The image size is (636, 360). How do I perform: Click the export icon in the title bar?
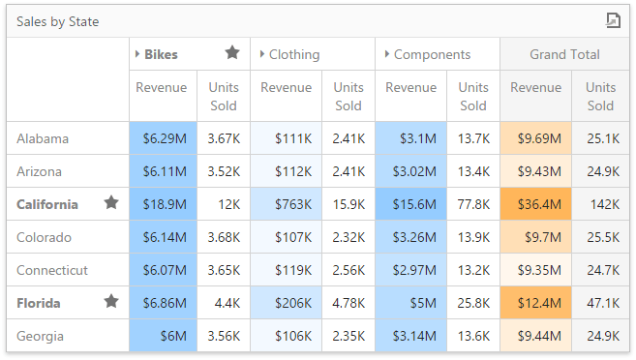tap(612, 20)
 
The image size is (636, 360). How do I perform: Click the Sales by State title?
tap(57, 21)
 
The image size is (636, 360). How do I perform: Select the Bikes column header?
tap(161, 54)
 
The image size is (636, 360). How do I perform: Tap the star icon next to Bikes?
tap(232, 53)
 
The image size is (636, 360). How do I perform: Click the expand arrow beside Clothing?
tap(261, 54)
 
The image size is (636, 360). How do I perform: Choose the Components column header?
tap(432, 54)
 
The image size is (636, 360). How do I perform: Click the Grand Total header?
tap(564, 54)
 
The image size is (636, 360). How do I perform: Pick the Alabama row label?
tap(43, 138)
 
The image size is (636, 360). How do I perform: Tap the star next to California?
tap(111, 203)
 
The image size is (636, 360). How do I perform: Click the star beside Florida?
tap(111, 302)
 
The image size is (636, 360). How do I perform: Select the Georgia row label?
tap(41, 336)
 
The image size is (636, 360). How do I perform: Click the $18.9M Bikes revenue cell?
tap(164, 204)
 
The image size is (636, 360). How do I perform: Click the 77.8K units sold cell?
tap(473, 204)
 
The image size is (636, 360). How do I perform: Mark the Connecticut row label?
tap(52, 270)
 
